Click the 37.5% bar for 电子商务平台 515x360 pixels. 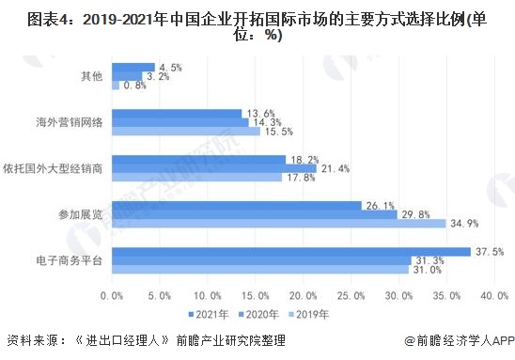[290, 251]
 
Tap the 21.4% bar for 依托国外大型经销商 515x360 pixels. [213, 168]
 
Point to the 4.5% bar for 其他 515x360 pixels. [133, 67]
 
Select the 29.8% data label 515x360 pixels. [415, 214]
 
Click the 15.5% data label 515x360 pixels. [279, 132]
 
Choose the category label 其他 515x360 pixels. [90, 76]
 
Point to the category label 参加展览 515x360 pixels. [81, 214]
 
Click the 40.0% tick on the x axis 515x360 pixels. [493, 295]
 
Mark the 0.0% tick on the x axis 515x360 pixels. [112, 295]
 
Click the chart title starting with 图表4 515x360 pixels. [257, 24]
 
